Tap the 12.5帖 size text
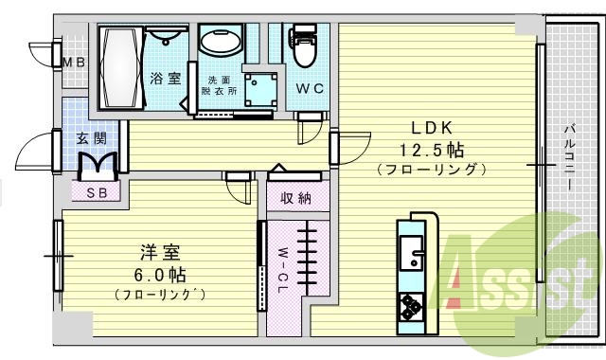click(431, 151)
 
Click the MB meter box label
click(73, 63)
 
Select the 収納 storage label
click(296, 198)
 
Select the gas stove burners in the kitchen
click(414, 306)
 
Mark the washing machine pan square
click(258, 88)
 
